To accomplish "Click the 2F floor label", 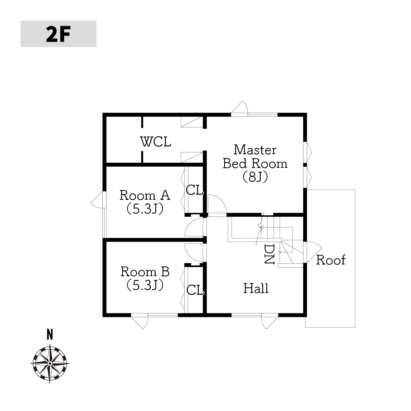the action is pyautogui.click(x=58, y=34).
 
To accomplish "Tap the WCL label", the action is pyautogui.click(x=156, y=142).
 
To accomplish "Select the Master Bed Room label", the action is pyautogui.click(x=255, y=157).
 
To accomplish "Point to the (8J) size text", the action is pyautogui.click(x=255, y=177).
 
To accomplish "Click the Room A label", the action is pyautogui.click(x=145, y=195).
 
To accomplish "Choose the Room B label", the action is pyautogui.click(x=145, y=272).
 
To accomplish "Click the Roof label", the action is pyautogui.click(x=331, y=260).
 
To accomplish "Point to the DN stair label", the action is pyautogui.click(x=269, y=254).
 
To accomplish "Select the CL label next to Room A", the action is pyautogui.click(x=195, y=190).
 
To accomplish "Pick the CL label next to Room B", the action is pyautogui.click(x=195, y=290).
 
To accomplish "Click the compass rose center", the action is pyautogui.click(x=50, y=363).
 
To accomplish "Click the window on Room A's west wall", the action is pyautogui.click(x=104, y=223).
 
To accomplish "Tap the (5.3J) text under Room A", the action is pyautogui.click(x=145, y=209).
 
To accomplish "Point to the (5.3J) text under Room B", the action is pyautogui.click(x=145, y=285).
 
